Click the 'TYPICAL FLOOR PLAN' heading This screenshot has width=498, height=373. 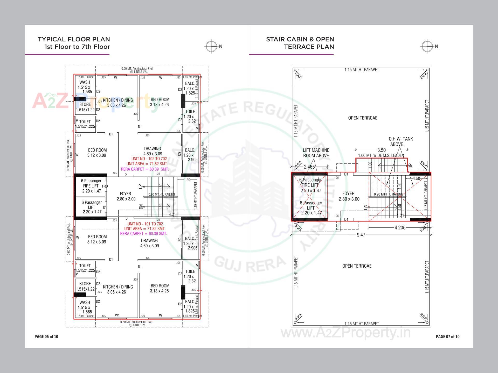(x=74, y=39)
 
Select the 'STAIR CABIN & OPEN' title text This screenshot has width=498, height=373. (x=300, y=39)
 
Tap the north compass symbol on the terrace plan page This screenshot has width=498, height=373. (x=427, y=47)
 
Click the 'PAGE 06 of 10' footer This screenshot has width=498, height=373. (x=46, y=336)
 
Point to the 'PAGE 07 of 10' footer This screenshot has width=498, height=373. (x=447, y=336)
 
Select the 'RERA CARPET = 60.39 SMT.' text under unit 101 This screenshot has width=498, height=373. (x=143, y=234)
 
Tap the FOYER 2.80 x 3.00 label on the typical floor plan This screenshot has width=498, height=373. (x=126, y=196)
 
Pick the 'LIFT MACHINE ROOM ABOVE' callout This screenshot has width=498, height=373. (x=316, y=153)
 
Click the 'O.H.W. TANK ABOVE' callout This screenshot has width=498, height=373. (x=400, y=142)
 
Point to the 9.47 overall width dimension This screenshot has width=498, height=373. (x=361, y=235)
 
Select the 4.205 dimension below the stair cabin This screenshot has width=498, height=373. (x=400, y=228)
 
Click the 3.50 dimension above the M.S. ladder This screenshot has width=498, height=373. (x=381, y=150)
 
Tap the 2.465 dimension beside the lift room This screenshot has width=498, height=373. (x=309, y=167)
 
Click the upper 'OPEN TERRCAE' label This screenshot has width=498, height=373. (x=363, y=118)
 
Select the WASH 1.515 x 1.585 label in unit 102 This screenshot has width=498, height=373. (x=85, y=87)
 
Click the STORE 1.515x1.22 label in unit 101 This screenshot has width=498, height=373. (x=85, y=286)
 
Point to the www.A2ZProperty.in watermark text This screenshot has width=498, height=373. (x=346, y=333)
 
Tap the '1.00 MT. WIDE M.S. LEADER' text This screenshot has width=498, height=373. (x=381, y=155)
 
